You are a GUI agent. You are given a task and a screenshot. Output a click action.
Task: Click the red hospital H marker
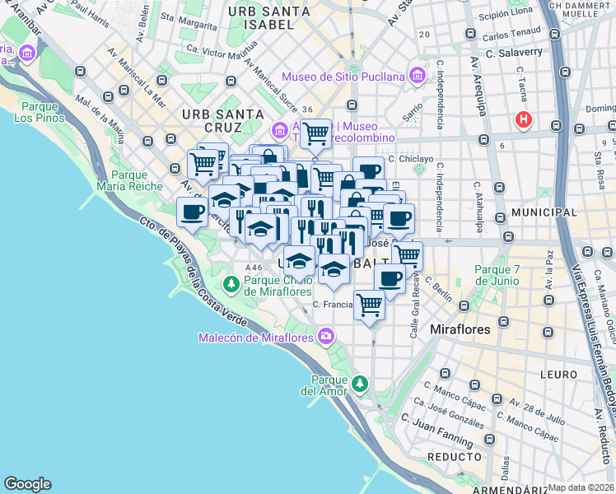tap(523, 120)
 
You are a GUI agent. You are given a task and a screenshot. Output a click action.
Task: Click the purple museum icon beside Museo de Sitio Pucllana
tap(417, 77)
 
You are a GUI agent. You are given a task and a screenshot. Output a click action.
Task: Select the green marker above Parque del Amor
tap(359, 384)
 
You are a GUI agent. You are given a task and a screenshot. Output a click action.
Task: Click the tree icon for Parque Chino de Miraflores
tap(231, 284)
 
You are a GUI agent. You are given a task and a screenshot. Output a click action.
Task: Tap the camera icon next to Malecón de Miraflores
tap(327, 336)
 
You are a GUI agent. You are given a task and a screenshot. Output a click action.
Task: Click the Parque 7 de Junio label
tap(497, 275)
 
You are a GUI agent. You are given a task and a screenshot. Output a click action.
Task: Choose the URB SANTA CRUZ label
tap(212, 120)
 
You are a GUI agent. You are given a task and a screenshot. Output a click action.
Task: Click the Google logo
tap(28, 483)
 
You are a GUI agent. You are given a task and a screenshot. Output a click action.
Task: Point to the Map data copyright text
tap(581, 487)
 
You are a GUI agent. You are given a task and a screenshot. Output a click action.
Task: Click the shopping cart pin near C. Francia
tap(369, 305)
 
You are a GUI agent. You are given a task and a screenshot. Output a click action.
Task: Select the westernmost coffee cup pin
tap(192, 212)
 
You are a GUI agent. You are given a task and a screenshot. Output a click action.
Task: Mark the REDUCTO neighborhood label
tap(454, 456)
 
